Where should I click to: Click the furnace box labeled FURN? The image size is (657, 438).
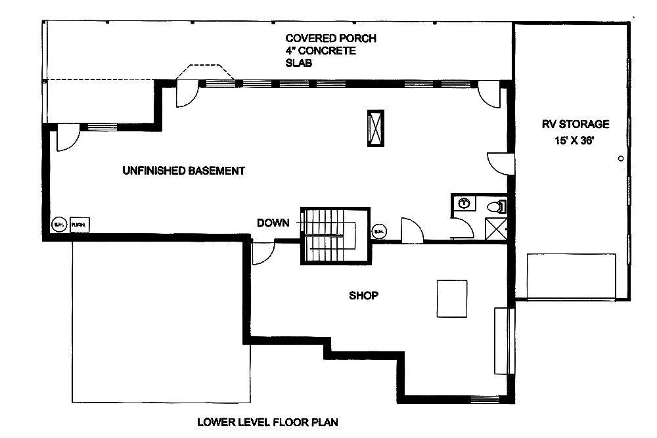pyautogui.click(x=80, y=224)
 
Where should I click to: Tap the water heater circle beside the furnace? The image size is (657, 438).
pyautogui.click(x=58, y=224)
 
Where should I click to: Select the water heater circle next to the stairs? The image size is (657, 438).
pyautogui.click(x=379, y=231)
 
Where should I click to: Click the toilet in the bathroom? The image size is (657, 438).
pyautogui.click(x=496, y=207)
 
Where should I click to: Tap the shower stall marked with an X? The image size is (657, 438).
pyautogui.click(x=497, y=228)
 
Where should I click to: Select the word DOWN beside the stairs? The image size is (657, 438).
pyautogui.click(x=273, y=223)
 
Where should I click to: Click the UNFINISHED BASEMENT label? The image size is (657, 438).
pyautogui.click(x=183, y=171)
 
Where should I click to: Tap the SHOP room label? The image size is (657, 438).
pyautogui.click(x=363, y=296)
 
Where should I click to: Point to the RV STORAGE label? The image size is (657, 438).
pyautogui.click(x=576, y=123)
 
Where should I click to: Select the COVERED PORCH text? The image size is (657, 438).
pyautogui.click(x=330, y=38)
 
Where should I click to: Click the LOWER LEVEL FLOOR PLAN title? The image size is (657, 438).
pyautogui.click(x=267, y=422)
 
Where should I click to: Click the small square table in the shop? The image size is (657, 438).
pyautogui.click(x=452, y=298)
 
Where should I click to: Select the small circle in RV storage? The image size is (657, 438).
pyautogui.click(x=620, y=158)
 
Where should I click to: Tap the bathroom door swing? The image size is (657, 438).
pyautogui.click(x=462, y=227)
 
